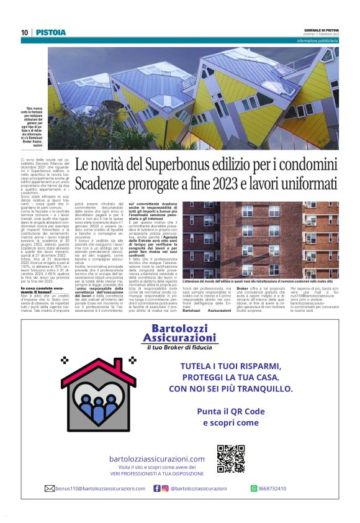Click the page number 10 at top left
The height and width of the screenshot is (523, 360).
click(x=24, y=32)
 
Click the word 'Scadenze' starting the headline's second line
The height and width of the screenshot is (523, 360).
click(x=99, y=184)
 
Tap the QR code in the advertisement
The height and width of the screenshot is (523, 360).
click(x=231, y=458)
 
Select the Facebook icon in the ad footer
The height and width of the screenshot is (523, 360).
click(x=157, y=488)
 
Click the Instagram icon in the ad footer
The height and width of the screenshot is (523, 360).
click(x=165, y=488)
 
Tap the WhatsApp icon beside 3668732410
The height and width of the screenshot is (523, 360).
click(x=254, y=488)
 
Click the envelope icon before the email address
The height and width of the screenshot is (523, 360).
click(x=50, y=488)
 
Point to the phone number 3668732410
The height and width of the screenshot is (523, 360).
click(x=272, y=488)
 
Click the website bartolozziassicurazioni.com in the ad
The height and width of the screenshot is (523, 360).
click(x=156, y=459)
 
